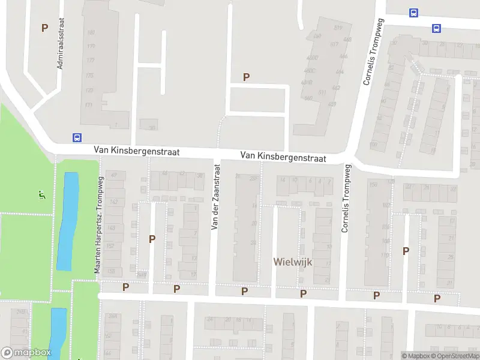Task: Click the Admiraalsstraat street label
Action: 61,47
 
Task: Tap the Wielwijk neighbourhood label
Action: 292,262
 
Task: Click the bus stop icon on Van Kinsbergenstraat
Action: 77,137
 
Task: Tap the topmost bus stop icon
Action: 413,13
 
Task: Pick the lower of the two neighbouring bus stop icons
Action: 436,28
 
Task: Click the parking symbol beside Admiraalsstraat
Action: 44,28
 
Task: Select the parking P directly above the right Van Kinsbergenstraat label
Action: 246,77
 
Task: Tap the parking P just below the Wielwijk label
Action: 304,293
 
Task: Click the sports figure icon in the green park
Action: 41,195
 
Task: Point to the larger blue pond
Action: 68,221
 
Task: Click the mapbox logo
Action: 25,353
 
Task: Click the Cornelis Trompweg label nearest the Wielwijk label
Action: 345,199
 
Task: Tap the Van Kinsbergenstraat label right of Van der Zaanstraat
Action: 283,157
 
